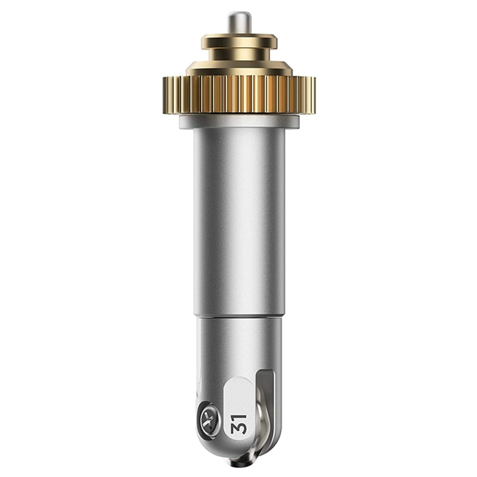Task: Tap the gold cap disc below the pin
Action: pyautogui.click(x=239, y=42)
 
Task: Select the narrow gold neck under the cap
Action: pyautogui.click(x=239, y=55)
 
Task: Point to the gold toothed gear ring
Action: pyautogui.click(x=239, y=95)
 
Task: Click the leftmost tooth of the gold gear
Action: pyautogui.click(x=166, y=95)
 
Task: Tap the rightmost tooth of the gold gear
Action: pyautogui.click(x=312, y=95)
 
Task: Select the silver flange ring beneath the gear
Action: pyautogui.click(x=239, y=122)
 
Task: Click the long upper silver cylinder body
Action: pyautogui.click(x=239, y=222)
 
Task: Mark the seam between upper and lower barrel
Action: pyautogui.click(x=239, y=317)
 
